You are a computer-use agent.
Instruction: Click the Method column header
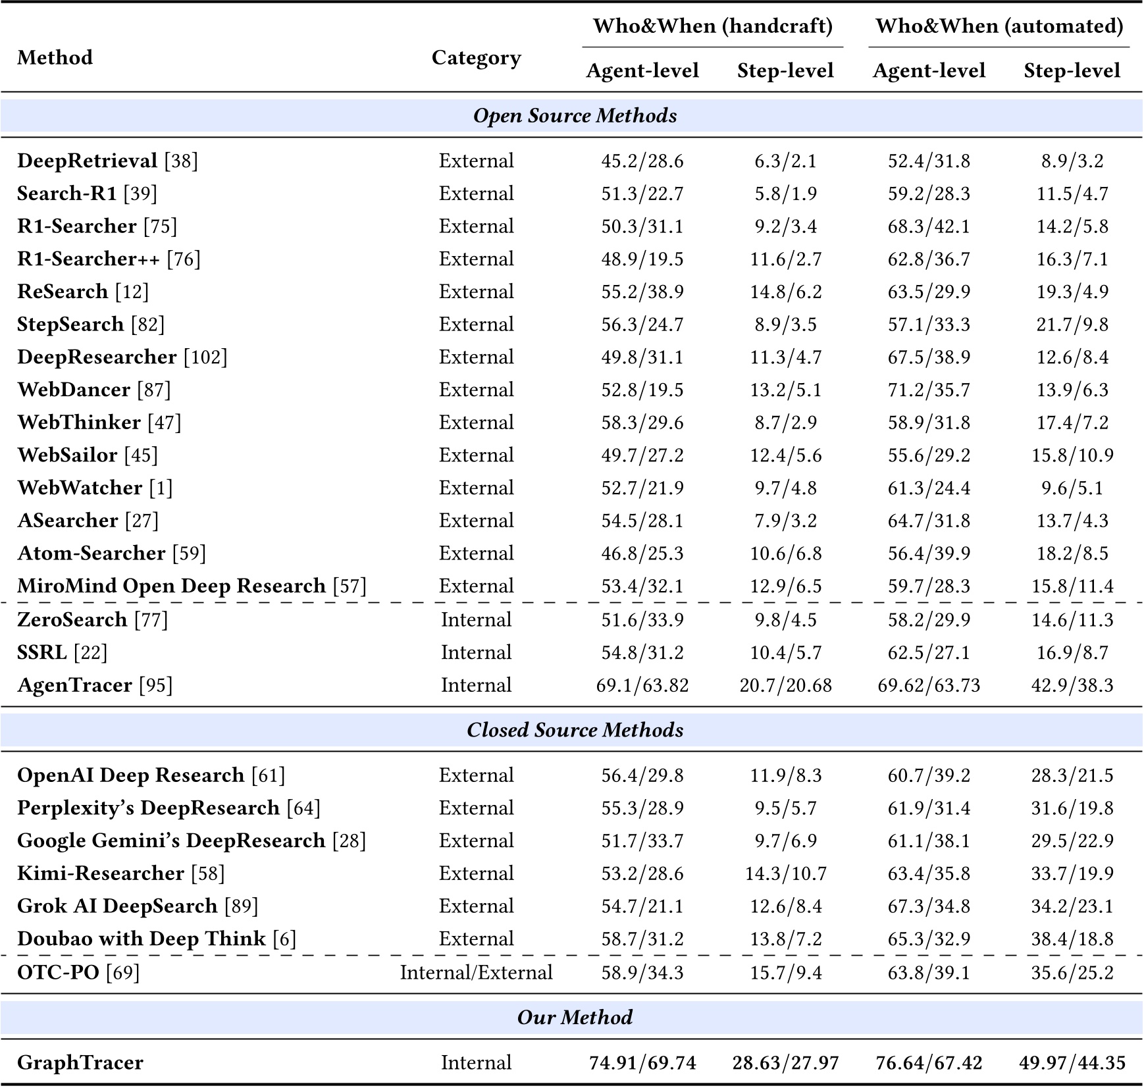(x=55, y=58)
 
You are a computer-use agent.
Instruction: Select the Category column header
(x=476, y=58)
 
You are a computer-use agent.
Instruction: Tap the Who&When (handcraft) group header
(x=712, y=26)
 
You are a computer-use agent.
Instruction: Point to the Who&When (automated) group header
(x=999, y=26)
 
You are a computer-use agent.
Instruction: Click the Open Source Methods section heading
(x=575, y=116)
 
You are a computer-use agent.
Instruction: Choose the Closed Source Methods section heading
(x=575, y=730)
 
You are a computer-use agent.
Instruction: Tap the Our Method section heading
(x=575, y=1017)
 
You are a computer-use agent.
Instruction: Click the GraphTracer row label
(x=80, y=1062)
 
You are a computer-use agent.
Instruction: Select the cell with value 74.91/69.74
(x=642, y=1062)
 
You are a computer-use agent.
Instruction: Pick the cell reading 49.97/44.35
(x=1072, y=1062)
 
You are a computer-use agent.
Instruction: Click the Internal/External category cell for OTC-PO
(x=476, y=972)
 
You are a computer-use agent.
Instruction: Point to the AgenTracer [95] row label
(x=95, y=685)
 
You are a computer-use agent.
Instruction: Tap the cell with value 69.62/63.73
(x=929, y=685)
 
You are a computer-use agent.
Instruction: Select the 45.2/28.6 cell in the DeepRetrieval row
(x=642, y=161)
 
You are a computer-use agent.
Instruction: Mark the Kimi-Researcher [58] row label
(x=120, y=873)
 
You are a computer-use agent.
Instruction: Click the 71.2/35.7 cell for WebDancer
(x=929, y=390)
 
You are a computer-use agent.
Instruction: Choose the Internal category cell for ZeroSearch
(x=476, y=619)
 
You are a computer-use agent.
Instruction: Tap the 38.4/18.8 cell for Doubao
(x=1072, y=939)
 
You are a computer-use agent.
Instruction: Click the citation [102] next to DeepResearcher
(x=205, y=357)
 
